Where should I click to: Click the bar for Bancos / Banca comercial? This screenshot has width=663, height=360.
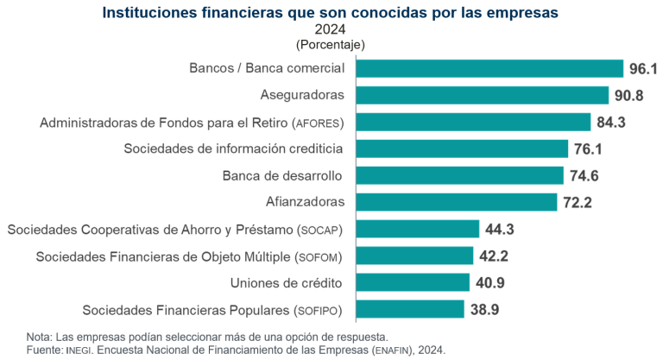pos(489,68)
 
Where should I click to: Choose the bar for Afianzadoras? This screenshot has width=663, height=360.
pos(456,202)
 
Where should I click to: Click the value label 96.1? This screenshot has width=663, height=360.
pos(643,68)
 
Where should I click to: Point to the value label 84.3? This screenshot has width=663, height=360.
pos(610,122)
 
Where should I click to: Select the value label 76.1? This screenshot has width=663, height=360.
pos(588,148)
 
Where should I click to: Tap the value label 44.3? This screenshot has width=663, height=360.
pos(499,229)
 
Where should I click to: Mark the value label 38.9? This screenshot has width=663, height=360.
pos(483,309)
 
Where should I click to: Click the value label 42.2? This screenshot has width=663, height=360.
pos(493,256)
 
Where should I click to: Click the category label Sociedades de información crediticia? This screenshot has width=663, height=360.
pos(233,148)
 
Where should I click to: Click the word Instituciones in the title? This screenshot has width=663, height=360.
pos(149,12)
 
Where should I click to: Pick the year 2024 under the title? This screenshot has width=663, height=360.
pos(331,28)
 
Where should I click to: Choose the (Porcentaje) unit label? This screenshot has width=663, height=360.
pos(331,44)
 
